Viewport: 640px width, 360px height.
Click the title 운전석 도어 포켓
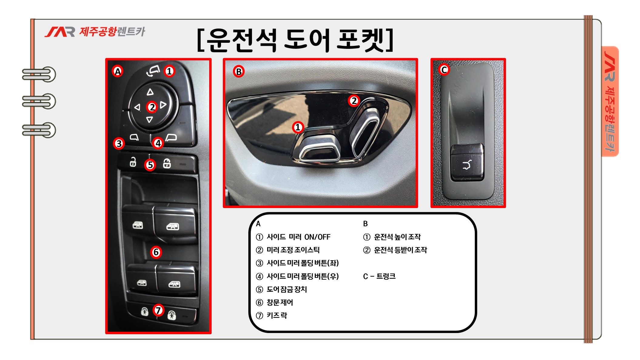[295, 40]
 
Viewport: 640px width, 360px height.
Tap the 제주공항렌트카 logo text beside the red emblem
[112, 31]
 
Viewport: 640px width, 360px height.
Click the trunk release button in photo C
[467, 162]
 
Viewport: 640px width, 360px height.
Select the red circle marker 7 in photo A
[158, 310]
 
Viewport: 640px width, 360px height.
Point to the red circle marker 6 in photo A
[156, 252]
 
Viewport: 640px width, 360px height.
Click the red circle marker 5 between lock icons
[150, 165]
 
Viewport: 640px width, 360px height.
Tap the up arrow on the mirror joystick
[150, 92]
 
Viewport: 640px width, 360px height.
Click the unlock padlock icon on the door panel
[133, 162]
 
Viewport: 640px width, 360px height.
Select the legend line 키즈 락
[272, 315]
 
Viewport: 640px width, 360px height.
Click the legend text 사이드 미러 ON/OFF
[293, 237]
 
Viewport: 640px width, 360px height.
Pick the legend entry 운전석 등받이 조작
[395, 250]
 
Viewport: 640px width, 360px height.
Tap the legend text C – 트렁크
[379, 276]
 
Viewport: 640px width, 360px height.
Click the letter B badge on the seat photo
[239, 72]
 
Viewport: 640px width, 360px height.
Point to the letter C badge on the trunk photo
[444, 70]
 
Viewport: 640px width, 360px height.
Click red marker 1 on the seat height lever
[298, 127]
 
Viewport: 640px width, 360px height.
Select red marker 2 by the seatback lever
[354, 100]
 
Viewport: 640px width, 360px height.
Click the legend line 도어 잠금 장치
[282, 289]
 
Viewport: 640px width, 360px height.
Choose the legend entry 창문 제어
[275, 302]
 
